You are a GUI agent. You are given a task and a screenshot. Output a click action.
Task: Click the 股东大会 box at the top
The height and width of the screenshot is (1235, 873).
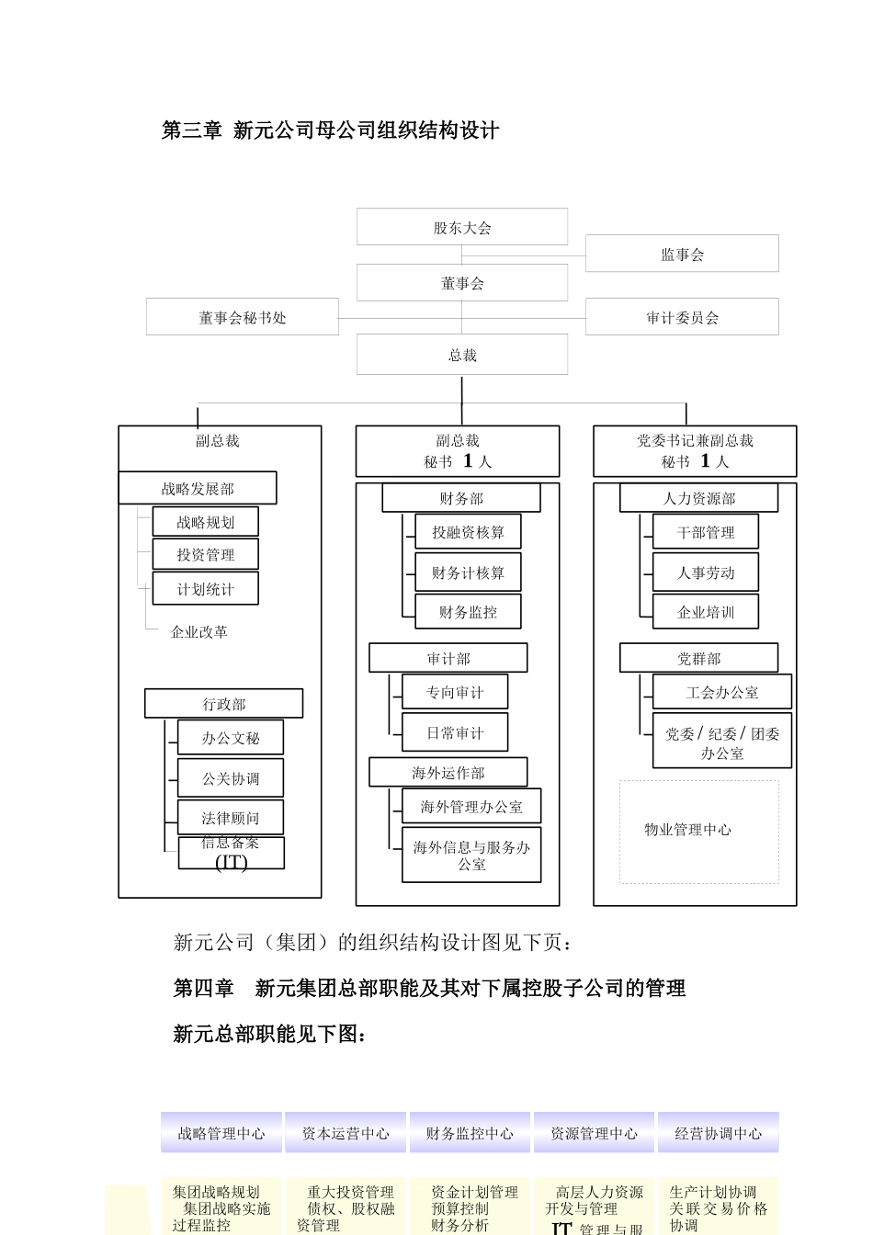click(461, 227)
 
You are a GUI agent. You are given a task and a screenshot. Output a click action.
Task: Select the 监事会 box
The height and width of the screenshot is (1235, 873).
click(682, 254)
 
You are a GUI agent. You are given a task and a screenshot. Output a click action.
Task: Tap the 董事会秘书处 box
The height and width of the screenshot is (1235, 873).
click(242, 317)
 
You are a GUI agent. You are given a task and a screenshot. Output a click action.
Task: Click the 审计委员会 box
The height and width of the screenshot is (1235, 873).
click(682, 317)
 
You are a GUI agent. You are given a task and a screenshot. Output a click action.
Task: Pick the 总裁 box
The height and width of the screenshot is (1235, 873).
click(461, 355)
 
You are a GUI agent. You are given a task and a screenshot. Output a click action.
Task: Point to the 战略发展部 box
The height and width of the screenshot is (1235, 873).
click(198, 488)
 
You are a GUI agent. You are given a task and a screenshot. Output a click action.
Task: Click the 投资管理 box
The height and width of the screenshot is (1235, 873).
click(205, 554)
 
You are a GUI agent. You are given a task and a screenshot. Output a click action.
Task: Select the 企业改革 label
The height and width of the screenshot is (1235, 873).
click(198, 631)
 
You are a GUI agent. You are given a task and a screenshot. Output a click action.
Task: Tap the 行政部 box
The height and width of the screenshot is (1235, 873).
click(223, 704)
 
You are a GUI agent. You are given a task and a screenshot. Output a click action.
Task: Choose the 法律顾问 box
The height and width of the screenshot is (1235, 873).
click(230, 817)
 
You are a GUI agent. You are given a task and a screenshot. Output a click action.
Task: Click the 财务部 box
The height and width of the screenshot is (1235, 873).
click(460, 498)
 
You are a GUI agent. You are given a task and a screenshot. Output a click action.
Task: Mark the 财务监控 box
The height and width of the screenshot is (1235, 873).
click(468, 612)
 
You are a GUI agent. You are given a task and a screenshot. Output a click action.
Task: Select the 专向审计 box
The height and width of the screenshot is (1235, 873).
click(454, 692)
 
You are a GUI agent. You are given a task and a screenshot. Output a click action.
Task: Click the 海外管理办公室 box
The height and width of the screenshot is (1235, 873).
click(471, 807)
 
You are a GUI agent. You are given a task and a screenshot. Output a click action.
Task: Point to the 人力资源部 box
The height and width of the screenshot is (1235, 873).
click(698, 498)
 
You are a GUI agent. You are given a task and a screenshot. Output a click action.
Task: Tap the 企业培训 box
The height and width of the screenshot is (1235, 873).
click(705, 612)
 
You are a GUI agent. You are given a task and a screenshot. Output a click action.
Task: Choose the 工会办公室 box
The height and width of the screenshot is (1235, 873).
click(721, 692)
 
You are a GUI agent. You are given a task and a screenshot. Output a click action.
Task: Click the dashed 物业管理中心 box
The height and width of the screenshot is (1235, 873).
click(698, 832)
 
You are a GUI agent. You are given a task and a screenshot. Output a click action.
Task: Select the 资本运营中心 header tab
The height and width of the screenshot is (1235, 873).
click(346, 1133)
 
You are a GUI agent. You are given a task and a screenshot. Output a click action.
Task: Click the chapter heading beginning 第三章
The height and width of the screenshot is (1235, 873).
click(330, 130)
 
